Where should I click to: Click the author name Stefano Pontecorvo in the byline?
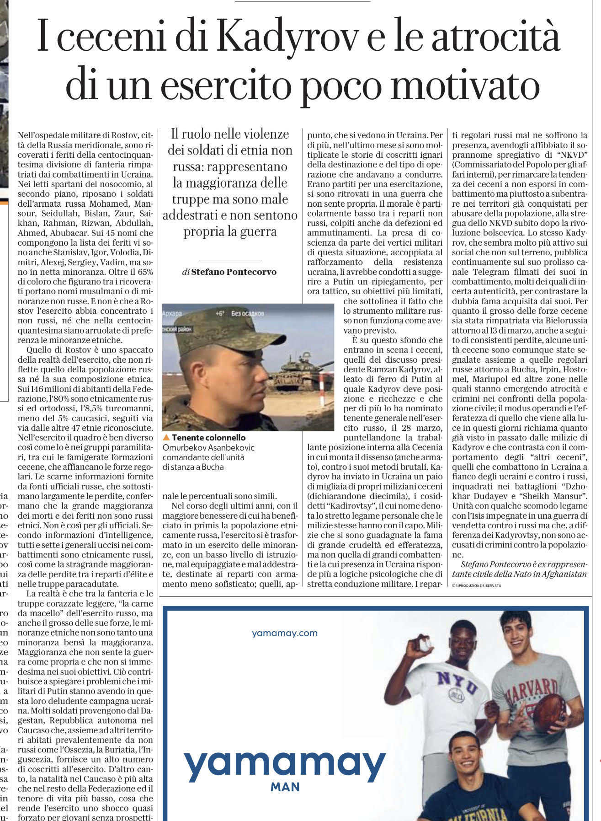pyautogui.click(x=234, y=272)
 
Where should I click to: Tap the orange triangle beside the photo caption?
pyautogui.click(x=166, y=438)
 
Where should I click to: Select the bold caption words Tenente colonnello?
pyautogui.click(x=208, y=438)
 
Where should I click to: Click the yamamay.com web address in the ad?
pyautogui.click(x=284, y=633)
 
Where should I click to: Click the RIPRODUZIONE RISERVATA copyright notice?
pyautogui.click(x=476, y=585)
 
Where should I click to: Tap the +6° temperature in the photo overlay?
pyautogui.click(x=220, y=314)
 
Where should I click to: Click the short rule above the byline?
pyautogui.click(x=230, y=259)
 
